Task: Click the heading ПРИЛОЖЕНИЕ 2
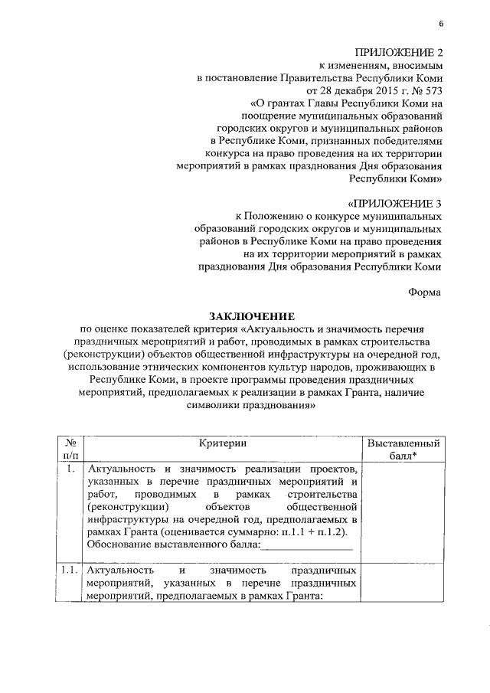point(399,51)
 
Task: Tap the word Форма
point(425,292)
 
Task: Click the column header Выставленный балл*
point(403,450)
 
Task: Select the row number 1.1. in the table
point(70,570)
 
